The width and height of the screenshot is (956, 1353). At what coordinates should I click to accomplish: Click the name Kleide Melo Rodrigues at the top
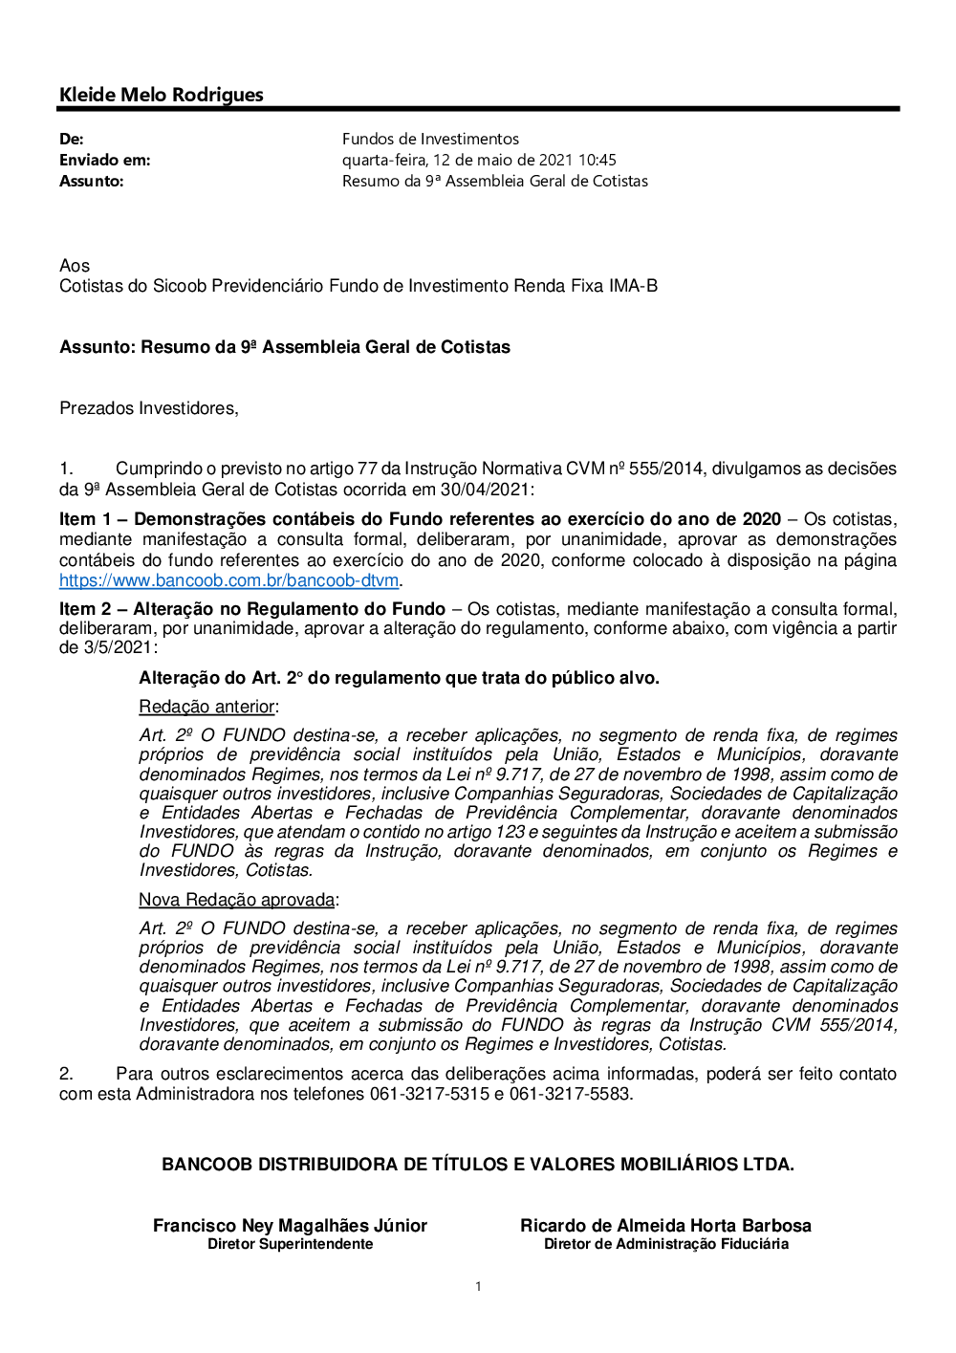pyautogui.click(x=162, y=95)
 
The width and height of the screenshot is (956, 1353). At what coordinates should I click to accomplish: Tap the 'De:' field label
pyautogui.click(x=72, y=140)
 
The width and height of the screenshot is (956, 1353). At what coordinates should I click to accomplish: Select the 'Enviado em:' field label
pyautogui.click(x=105, y=161)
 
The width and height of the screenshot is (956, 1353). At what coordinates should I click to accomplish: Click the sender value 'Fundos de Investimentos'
pyautogui.click(x=430, y=140)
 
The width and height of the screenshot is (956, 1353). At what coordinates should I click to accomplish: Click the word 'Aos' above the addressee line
pyautogui.click(x=75, y=266)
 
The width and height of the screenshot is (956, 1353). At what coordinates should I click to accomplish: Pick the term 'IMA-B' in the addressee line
pyautogui.click(x=633, y=286)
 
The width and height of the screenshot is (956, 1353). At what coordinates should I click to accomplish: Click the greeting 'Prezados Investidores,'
pyautogui.click(x=149, y=408)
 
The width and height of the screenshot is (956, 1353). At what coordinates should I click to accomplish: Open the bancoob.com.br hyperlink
pyautogui.click(x=228, y=580)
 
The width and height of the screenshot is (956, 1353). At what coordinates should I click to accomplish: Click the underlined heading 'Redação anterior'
pyautogui.click(x=207, y=707)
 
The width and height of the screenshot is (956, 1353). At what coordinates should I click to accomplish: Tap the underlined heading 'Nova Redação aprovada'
pyautogui.click(x=237, y=900)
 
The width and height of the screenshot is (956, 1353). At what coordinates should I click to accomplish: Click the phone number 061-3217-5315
pyautogui.click(x=429, y=1094)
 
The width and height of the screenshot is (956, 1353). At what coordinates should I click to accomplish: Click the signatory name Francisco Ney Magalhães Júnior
pyautogui.click(x=290, y=1226)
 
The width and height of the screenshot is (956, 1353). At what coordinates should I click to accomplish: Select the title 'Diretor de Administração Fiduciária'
pyautogui.click(x=666, y=1244)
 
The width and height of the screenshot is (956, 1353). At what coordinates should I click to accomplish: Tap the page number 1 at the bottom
pyautogui.click(x=478, y=1287)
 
